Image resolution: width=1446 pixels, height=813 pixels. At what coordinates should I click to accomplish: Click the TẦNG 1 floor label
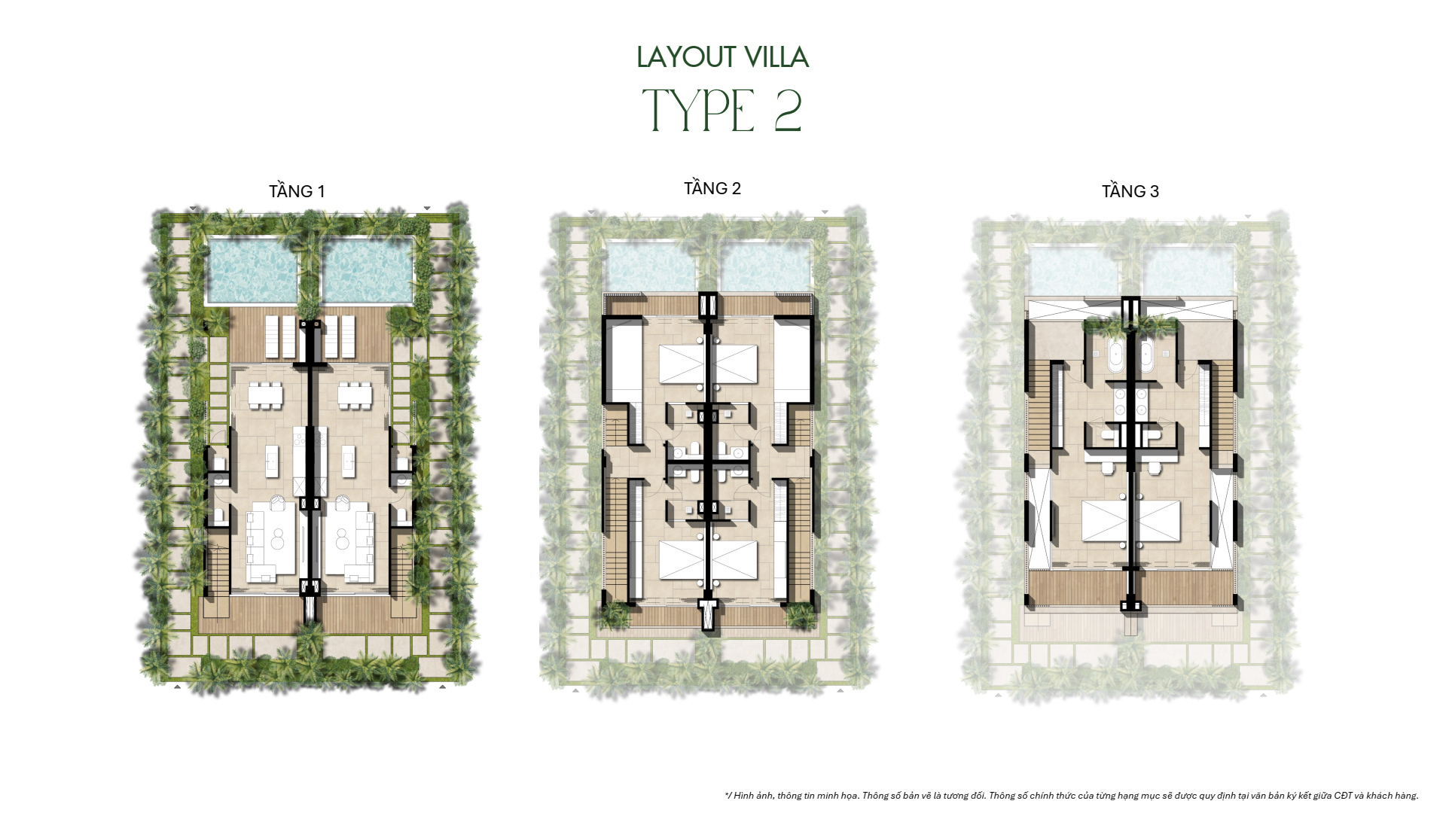pos(297,192)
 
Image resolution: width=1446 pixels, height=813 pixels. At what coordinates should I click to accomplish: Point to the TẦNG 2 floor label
pos(712,189)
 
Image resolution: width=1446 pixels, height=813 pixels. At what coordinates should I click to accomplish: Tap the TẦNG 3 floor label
pos(1130,192)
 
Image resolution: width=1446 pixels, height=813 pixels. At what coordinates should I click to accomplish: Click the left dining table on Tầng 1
pos(264,396)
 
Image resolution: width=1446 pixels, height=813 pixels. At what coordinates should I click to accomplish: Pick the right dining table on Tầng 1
pos(354,396)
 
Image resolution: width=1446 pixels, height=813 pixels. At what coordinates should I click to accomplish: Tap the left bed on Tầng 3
pos(1104,520)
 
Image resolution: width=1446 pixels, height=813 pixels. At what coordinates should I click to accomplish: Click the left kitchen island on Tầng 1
pos(272,460)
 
